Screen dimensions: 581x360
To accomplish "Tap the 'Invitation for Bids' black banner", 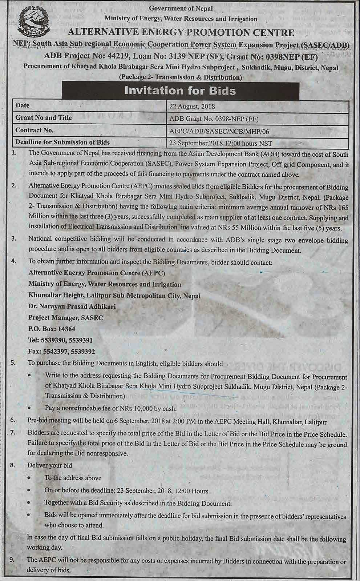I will pyautogui.click(x=180, y=91).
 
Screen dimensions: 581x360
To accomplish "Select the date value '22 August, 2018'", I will pyautogui.click(x=192, y=107).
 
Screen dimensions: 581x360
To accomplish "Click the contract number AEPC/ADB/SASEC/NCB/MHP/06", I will pyautogui.click(x=219, y=131).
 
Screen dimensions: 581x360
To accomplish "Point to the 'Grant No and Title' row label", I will pyautogui.click(x=44, y=118).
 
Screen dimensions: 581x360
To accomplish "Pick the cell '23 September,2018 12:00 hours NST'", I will pyautogui.click(x=221, y=143).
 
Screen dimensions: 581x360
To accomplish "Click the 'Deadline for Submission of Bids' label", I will pyautogui.click(x=62, y=143).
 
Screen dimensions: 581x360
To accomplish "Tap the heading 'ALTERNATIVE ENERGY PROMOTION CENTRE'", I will pyautogui.click(x=181, y=33).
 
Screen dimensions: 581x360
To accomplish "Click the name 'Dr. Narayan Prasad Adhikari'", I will pyautogui.click(x=72, y=306).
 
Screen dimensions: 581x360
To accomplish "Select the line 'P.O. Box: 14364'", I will pyautogui.click(x=52, y=329).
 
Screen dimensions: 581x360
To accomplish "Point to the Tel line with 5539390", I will pyautogui.click(x=60, y=340).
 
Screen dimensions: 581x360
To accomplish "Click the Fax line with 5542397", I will pyautogui.click(x=61, y=352).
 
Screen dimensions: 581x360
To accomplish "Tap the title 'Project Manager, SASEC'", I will pyautogui.click(x=66, y=318).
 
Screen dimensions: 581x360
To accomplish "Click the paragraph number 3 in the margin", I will pyautogui.click(x=14, y=239).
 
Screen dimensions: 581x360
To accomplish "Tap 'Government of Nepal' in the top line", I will pyautogui.click(x=181, y=8).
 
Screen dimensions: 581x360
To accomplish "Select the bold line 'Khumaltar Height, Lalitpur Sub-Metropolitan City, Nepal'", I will pyautogui.click(x=114, y=295).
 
